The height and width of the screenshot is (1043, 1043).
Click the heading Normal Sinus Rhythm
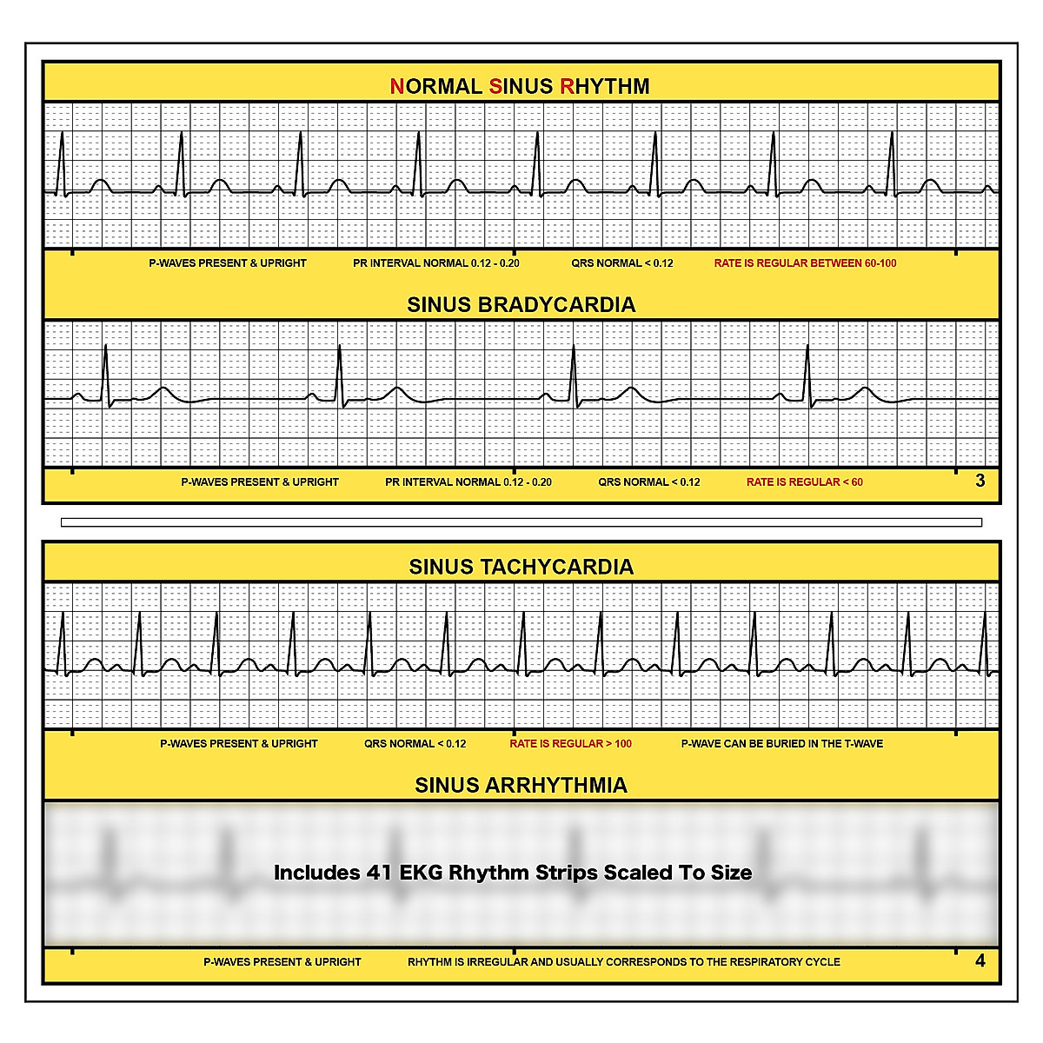tap(520, 86)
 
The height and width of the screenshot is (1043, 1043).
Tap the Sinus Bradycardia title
tap(521, 305)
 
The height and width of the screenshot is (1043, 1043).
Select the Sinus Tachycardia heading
tap(521, 567)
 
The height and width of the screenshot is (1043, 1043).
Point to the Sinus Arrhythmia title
tap(521, 785)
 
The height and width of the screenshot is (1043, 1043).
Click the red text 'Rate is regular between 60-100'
tap(805, 263)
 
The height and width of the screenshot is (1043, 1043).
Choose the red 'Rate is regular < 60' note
tap(804, 482)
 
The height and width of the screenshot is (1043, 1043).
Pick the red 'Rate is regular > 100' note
tap(570, 744)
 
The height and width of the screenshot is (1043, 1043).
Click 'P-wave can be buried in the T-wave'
tap(781, 744)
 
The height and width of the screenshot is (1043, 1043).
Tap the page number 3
tap(980, 481)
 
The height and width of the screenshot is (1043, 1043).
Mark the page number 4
tap(980, 960)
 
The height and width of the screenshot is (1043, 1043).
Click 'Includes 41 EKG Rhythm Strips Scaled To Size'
tap(513, 873)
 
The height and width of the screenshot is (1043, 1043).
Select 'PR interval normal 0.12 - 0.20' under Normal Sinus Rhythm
tap(435, 263)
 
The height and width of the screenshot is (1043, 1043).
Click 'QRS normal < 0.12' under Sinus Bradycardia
tap(648, 482)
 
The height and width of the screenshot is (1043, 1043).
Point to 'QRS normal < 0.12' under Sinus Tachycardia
tap(415, 744)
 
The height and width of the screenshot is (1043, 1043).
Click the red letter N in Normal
tap(396, 86)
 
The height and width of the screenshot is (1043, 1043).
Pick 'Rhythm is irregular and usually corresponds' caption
tap(623, 962)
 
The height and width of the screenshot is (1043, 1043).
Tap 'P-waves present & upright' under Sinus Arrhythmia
tap(282, 962)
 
